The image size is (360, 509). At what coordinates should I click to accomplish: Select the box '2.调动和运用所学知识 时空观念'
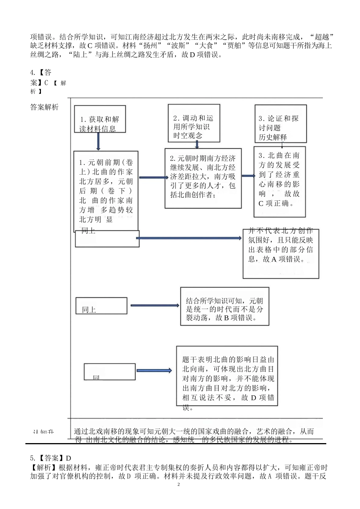pos(194,123)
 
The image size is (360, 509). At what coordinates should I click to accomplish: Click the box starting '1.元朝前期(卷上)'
pos(106,190)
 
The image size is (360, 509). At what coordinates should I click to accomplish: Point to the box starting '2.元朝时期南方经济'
pos(203,178)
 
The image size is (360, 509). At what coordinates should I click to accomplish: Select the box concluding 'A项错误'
pos(281,253)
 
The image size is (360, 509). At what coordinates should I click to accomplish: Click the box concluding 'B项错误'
pos(224,306)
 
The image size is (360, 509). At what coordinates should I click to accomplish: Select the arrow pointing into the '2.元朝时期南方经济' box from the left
pos(153,177)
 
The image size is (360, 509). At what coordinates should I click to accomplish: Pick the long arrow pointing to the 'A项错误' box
pos(189,238)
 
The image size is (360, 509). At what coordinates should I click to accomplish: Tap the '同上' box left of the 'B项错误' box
pos(101,306)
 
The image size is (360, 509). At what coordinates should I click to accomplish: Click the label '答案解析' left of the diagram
pos(44,107)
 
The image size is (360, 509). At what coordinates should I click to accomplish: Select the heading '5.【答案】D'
pos(50,458)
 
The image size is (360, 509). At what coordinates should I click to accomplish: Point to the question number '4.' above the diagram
pos(33,72)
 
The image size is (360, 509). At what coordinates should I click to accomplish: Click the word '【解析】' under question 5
pos(42,467)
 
